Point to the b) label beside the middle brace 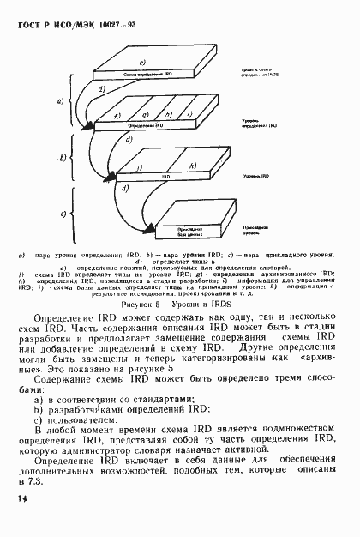click(x=62, y=159)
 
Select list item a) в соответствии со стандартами click(x=113, y=398)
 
